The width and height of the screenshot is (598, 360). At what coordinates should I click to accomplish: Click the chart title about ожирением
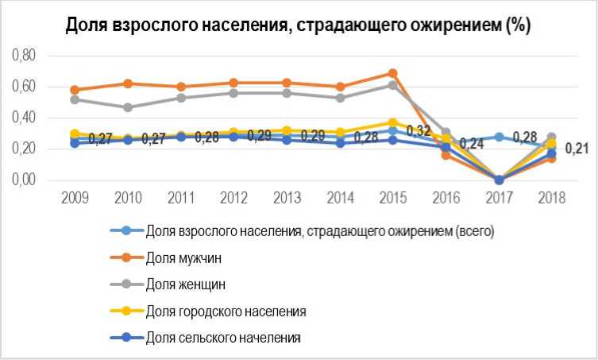coord(298,25)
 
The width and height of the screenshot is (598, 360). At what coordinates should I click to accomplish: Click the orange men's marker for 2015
coord(392,73)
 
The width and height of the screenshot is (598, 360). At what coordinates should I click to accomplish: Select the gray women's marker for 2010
coord(127,107)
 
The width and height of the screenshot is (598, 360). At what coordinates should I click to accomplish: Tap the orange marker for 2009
coord(75,90)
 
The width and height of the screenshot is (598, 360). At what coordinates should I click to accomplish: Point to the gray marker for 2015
coord(392,85)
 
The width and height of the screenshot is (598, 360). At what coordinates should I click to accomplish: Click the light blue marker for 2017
coord(499,137)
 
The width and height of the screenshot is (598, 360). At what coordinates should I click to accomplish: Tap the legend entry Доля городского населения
coord(226,311)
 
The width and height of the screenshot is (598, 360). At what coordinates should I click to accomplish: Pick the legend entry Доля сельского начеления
coord(223,338)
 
